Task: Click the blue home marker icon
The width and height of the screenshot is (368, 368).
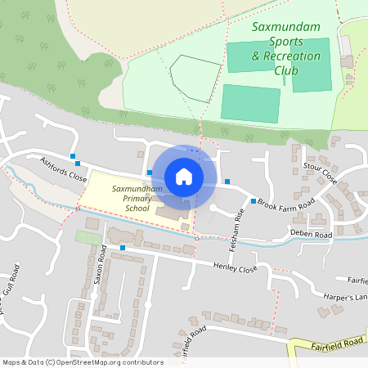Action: pyautogui.click(x=184, y=176)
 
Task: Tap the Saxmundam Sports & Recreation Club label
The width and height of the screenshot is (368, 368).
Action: pyautogui.click(x=285, y=48)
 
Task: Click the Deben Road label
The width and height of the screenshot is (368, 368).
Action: pyautogui.click(x=312, y=235)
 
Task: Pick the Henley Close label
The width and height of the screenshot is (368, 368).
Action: pyautogui.click(x=235, y=267)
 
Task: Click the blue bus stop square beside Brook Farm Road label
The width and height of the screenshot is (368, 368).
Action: pyautogui.click(x=254, y=201)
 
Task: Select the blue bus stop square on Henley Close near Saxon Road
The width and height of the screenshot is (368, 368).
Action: pyautogui.click(x=123, y=247)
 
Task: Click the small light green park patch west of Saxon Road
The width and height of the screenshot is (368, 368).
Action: pyautogui.click(x=84, y=236)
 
